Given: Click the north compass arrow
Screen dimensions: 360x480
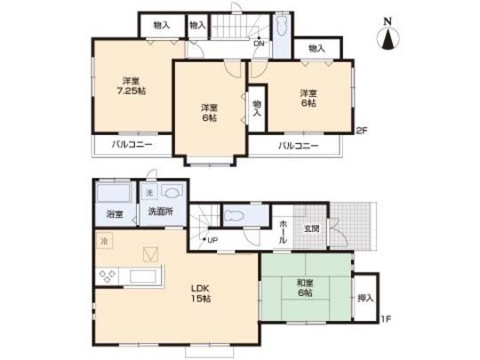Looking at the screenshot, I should click(x=389, y=38).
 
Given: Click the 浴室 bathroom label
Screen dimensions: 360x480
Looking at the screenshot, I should click(x=114, y=214).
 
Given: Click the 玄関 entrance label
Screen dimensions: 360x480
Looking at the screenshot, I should click(x=312, y=228).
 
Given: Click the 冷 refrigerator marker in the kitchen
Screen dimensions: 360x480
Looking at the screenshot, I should click(x=104, y=240).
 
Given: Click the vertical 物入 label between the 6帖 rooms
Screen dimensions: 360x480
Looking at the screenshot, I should click(x=257, y=108).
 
